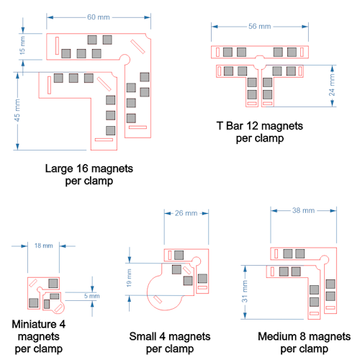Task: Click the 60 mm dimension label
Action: coord(99,17)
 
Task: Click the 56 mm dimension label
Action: coord(260,27)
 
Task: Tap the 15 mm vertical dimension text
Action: coord(22,45)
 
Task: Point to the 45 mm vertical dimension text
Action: coord(17,110)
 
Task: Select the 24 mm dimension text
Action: coord(332,85)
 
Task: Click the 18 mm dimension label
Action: coord(44,246)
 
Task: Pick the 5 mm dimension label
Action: coord(92,296)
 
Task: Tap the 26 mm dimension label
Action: coord(186,213)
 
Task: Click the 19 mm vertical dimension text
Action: coord(129,278)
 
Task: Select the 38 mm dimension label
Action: coord(303,210)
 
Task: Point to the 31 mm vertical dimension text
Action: coord(244,292)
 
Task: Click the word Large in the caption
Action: coord(59,168)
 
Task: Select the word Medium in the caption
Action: coord(277,336)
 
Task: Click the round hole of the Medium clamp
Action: coord(325,260)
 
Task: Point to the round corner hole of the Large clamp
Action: coord(125,60)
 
